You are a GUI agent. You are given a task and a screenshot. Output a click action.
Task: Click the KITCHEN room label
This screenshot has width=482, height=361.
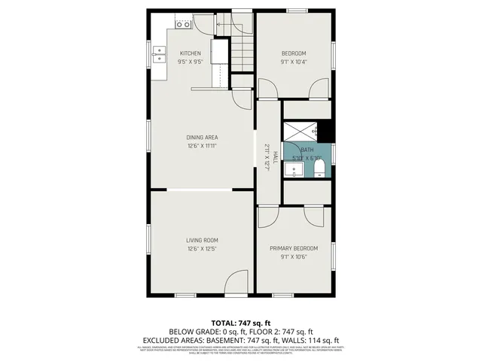pos(190,53)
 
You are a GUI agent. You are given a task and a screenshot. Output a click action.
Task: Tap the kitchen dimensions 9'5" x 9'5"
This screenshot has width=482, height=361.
pos(190,62)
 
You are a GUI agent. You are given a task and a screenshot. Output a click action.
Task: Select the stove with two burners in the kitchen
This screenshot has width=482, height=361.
pos(182,25)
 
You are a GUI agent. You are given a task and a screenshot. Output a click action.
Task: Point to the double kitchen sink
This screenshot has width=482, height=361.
pos(160,53)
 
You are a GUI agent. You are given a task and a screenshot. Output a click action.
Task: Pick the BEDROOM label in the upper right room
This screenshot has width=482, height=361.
pos(294,53)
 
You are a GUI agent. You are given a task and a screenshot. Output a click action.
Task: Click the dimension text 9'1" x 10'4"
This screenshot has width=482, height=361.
pos(294,62)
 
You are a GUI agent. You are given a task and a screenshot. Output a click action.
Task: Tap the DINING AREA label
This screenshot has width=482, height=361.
pos(202,137)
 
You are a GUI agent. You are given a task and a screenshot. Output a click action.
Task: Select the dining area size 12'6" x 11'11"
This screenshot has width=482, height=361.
pos(202,146)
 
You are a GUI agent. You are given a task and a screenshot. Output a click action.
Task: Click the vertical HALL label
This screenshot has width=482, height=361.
pos(276,157)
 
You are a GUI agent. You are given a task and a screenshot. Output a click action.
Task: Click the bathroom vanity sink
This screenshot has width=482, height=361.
pos(291,168)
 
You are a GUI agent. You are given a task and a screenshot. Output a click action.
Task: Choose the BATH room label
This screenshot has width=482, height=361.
pos(307,150)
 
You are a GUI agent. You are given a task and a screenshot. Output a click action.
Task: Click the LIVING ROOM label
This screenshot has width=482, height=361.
pos(202,240)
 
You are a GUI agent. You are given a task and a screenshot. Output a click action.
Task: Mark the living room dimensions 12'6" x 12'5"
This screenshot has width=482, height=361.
pos(202,249)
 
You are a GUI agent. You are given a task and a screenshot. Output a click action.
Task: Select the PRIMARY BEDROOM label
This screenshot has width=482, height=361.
pos(294,247)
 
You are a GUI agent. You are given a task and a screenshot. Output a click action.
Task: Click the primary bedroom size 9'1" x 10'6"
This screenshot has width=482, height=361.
pos(294,256)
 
